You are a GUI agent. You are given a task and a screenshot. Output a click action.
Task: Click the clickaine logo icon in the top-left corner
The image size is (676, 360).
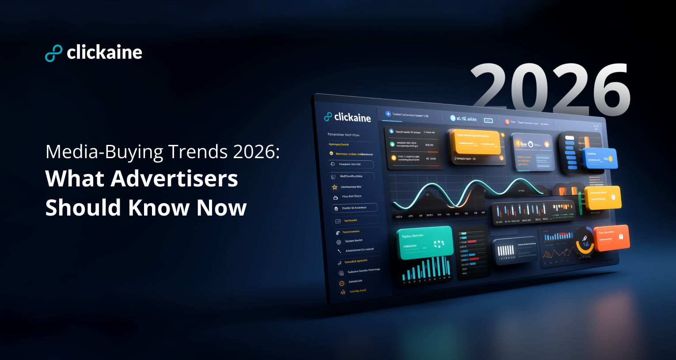(x=53, y=53)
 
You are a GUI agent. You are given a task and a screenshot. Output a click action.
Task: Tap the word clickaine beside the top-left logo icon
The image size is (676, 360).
(x=104, y=53)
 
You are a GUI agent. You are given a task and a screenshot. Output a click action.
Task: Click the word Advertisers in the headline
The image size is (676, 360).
(x=175, y=179)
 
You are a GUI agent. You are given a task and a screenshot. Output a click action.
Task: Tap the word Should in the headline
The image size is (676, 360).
(x=84, y=208)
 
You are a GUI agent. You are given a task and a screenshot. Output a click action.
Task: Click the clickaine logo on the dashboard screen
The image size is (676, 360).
(x=347, y=117)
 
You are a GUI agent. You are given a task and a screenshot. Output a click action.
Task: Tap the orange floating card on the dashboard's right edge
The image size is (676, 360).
(x=611, y=238)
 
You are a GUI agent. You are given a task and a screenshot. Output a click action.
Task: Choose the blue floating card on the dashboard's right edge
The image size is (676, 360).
(x=600, y=158)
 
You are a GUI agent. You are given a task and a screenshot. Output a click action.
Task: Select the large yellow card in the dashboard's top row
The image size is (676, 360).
(x=476, y=142)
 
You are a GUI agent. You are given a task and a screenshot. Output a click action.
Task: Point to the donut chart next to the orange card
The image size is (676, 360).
(x=584, y=241)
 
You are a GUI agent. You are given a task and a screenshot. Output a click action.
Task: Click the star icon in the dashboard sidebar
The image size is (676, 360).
(x=334, y=187)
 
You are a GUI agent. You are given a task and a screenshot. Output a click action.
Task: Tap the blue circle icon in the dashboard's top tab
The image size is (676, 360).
(x=388, y=114)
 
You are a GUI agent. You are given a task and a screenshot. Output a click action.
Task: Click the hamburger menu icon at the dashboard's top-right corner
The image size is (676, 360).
(x=596, y=127)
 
